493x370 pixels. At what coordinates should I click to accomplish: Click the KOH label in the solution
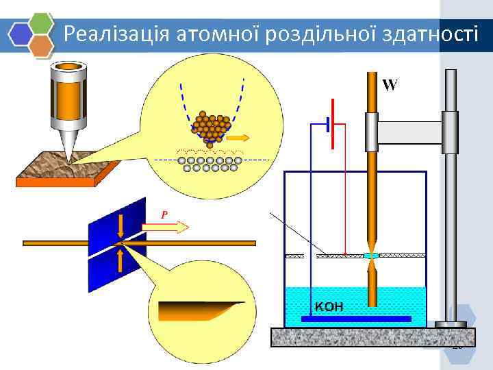point(329,306)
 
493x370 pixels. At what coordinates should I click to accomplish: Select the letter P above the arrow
point(164,214)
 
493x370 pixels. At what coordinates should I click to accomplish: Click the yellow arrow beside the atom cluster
point(238,138)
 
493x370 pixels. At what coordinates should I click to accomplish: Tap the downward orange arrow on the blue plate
point(121,225)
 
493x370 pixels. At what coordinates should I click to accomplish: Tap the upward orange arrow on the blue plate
point(121,260)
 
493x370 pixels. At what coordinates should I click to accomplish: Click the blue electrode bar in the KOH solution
point(356,319)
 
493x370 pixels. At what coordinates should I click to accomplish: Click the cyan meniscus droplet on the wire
point(371,256)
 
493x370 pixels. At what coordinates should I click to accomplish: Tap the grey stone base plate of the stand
point(373,337)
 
